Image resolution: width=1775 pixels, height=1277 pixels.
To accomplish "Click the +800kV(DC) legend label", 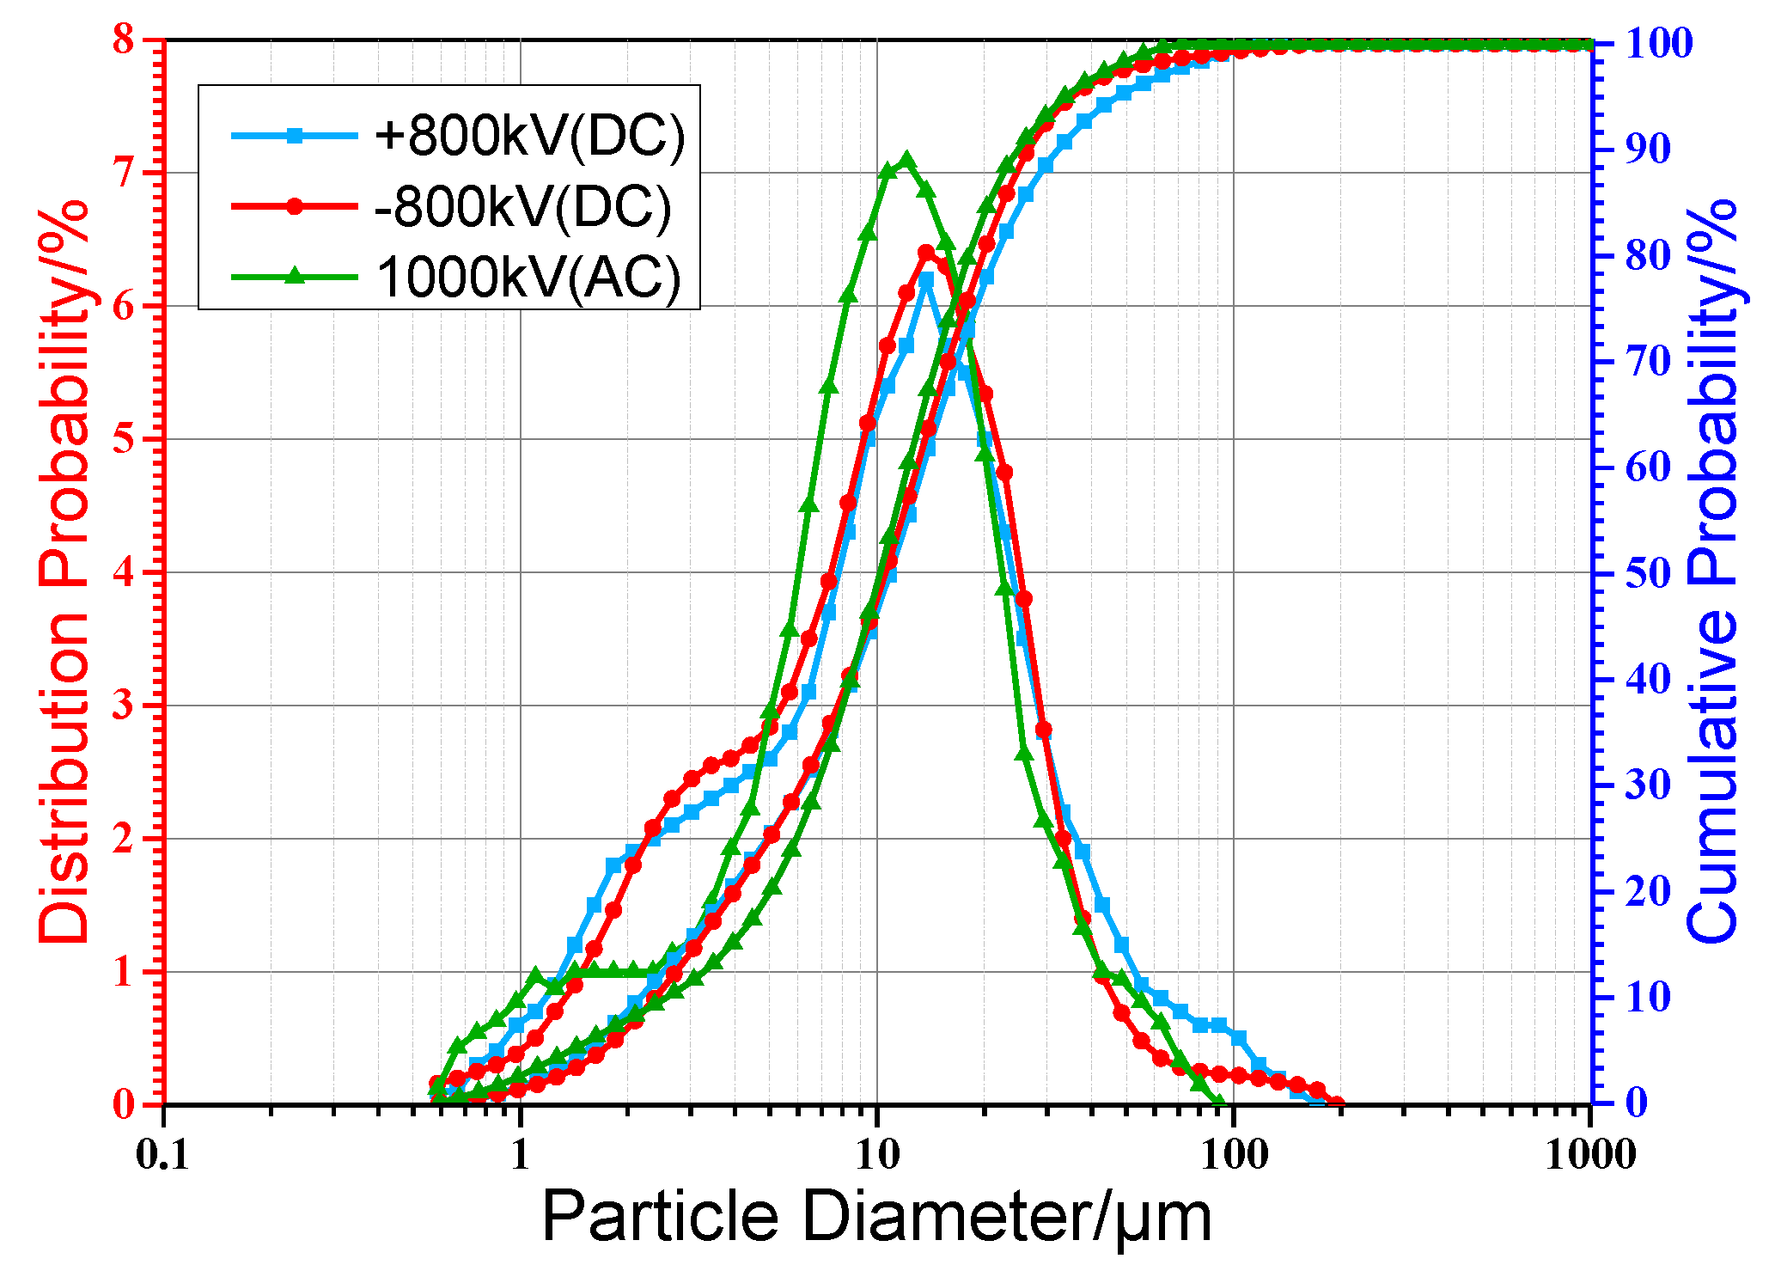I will point(530,136).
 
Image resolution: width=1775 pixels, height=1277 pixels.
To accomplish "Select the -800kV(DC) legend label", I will point(523,206).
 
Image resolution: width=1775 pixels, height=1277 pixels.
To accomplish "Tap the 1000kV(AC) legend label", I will point(528,277).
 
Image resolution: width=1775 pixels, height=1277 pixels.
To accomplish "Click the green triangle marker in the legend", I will point(295,276).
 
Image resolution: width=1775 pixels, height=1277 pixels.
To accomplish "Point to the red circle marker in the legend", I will point(295,206).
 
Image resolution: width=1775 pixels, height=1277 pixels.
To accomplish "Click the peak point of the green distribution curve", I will point(906,161).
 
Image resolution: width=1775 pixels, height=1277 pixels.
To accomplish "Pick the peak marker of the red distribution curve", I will point(926,253).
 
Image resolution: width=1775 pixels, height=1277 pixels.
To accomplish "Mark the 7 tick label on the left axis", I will point(124,173).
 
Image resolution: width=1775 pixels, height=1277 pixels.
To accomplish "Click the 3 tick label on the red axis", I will point(124,706).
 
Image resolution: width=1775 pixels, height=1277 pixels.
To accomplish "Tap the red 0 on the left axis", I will point(124,1104).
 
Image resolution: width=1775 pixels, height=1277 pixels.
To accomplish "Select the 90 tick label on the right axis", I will point(1648,149).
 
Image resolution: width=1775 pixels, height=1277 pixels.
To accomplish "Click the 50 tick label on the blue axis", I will point(1648,573).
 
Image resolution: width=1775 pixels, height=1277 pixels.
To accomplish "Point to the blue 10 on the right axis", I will point(1648,998).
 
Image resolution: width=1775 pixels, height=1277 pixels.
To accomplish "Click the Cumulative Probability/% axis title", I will point(1711,571).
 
